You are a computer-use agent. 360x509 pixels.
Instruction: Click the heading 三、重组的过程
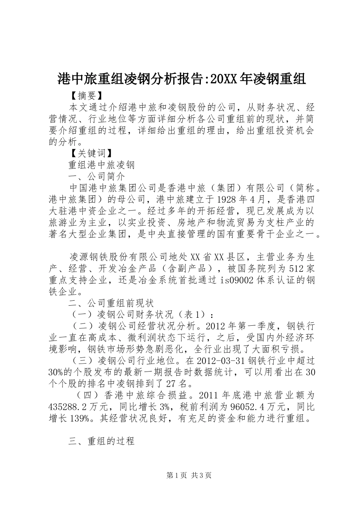102,441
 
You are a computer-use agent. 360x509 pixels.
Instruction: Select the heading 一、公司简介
96,176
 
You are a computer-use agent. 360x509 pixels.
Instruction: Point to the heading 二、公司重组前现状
111,303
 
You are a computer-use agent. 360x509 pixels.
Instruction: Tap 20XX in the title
224,79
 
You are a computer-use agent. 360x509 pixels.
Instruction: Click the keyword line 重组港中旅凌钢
101,165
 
